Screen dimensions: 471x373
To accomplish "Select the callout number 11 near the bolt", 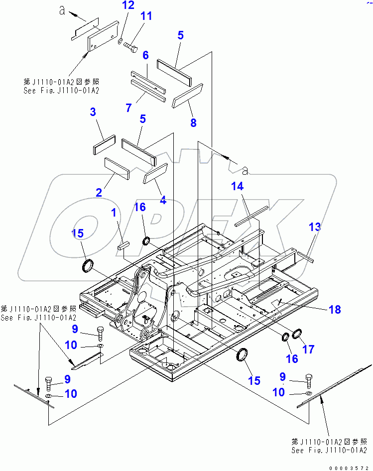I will pyautogui.click(x=145, y=16).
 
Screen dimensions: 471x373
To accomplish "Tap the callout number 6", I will pyautogui.click(x=146, y=55).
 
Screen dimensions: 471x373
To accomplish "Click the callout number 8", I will pyautogui.click(x=193, y=122).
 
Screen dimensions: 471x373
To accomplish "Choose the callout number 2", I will pyautogui.click(x=99, y=192).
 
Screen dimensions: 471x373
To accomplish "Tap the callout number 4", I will pyautogui.click(x=162, y=201).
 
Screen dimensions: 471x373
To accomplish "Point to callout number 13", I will pyautogui.click(x=315, y=227).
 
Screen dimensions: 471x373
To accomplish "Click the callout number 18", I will pyautogui.click(x=335, y=309).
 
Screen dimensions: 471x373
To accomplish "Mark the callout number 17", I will pyautogui.click(x=309, y=349).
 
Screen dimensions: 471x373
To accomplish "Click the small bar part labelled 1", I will pyautogui.click(x=124, y=245).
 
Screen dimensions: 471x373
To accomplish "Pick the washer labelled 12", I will pyautogui.click(x=121, y=40).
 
